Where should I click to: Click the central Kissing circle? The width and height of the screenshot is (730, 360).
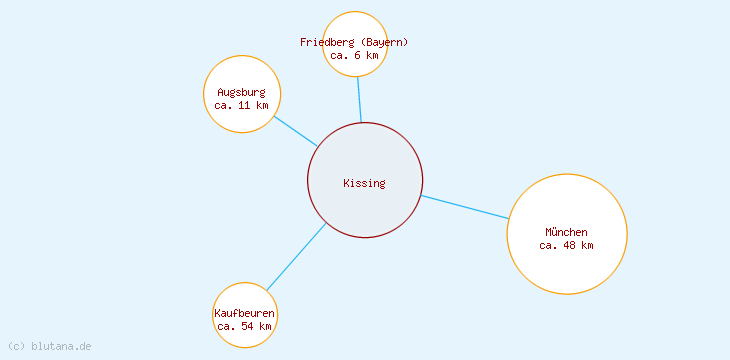[365, 205]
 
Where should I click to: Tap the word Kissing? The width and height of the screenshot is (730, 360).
[364, 183]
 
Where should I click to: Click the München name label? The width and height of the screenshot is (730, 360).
[566, 232]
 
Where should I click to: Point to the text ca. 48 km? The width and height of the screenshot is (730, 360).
[566, 245]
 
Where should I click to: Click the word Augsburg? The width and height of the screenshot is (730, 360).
[241, 92]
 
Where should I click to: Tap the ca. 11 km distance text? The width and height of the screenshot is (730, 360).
[241, 105]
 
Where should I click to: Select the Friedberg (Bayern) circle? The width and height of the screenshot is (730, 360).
[355, 25]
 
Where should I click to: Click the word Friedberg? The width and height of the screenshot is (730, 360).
[326, 42]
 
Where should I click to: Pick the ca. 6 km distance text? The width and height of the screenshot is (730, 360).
[354, 55]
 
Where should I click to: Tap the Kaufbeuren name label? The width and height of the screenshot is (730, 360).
[245, 313]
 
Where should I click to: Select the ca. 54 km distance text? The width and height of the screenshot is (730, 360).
[245, 326]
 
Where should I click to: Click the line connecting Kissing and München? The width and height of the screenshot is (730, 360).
[465, 207]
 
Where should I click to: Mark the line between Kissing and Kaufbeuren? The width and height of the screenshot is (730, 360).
[296, 257]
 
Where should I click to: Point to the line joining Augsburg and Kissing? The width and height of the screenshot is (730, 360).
[295, 131]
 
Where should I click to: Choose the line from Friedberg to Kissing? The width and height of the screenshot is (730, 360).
[359, 99]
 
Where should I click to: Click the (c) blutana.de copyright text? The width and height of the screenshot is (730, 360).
[49, 346]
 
